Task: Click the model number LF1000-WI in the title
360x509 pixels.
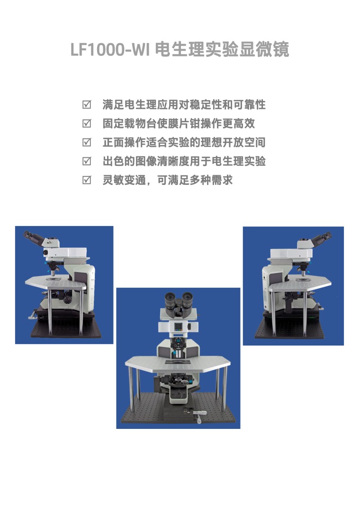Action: tap(110, 50)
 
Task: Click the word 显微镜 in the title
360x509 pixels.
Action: tap(264, 49)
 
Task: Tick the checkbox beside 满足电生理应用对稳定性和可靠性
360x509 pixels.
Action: tap(87, 105)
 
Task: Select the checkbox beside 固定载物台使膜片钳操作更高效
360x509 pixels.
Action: tap(87, 123)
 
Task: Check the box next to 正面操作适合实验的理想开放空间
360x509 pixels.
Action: tap(87, 142)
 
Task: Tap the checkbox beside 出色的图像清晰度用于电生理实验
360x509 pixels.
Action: tap(87, 161)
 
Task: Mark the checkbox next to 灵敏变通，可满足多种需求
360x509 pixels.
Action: tap(87, 180)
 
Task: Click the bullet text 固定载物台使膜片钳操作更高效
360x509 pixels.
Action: tap(179, 123)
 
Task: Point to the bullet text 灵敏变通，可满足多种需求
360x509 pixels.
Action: tap(168, 180)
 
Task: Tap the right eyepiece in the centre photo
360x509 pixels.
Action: tap(187, 300)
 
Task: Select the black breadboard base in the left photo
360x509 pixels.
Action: tap(65, 328)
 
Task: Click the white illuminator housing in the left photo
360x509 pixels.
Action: tap(66, 252)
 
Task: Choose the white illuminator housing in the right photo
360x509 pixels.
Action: tap(291, 253)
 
